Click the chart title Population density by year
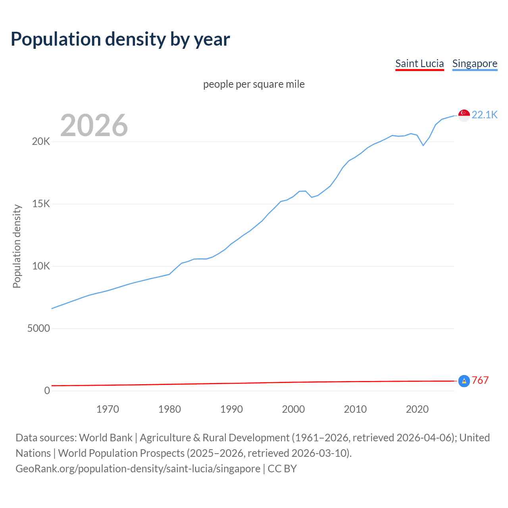click(120, 39)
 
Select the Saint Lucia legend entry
click(419, 63)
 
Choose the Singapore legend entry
click(475, 63)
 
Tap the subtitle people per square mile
click(254, 84)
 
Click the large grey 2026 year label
click(94, 125)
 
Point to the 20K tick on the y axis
click(41, 142)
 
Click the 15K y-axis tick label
click(41, 204)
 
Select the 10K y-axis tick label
click(41, 266)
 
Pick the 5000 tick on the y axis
click(38, 329)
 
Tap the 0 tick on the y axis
click(47, 391)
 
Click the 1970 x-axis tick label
click(108, 409)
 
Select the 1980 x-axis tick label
click(169, 409)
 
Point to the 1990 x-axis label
click(231, 409)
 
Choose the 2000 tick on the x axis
click(293, 409)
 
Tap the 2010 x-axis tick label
click(355, 409)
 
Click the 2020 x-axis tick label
click(417, 409)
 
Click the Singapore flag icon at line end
click(464, 115)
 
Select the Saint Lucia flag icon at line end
click(464, 381)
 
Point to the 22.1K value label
click(485, 115)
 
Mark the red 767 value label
click(480, 380)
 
